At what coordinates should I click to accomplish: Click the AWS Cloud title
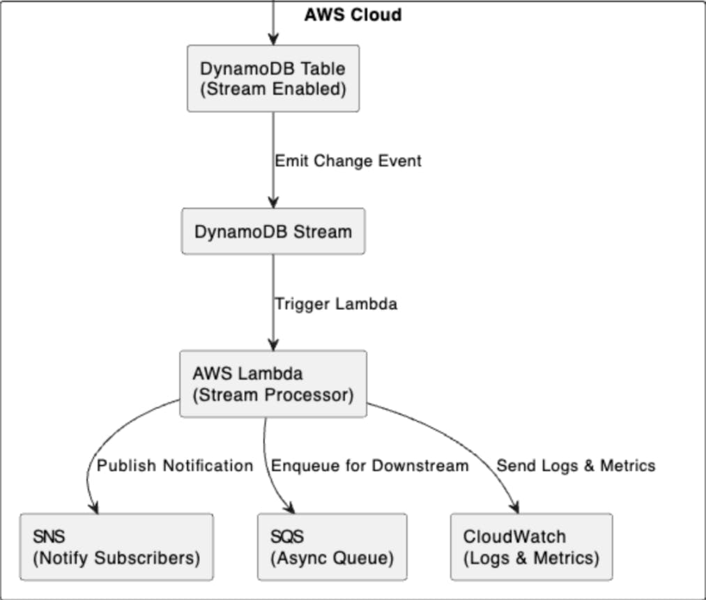coord(353,15)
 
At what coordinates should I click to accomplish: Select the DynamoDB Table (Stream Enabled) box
coord(273,78)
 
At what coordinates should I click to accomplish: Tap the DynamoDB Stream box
coord(273,231)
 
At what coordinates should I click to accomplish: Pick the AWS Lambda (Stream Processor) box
coord(273,384)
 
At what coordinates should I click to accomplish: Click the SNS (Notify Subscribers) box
coord(116,547)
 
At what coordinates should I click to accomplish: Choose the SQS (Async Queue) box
coord(332,547)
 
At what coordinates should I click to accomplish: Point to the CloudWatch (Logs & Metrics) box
coord(531,547)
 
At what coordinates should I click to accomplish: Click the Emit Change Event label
coord(348,161)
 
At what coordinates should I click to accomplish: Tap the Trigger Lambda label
coord(336,304)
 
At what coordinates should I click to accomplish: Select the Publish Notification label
coord(175,466)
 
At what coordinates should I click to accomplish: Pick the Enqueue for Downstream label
coord(369,466)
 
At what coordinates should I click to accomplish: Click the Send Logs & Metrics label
coord(576,466)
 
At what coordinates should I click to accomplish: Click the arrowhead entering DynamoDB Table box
coord(273,39)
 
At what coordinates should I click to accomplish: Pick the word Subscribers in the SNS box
coord(147,557)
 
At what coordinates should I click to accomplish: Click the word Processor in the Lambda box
coord(309,394)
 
